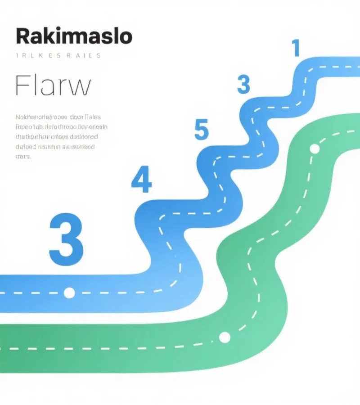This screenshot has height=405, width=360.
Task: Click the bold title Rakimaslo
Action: [x=74, y=36]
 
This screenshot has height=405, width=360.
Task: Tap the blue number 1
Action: [x=296, y=48]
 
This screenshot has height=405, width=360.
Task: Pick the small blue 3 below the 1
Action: [x=243, y=84]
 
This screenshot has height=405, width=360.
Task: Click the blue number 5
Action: [x=202, y=130]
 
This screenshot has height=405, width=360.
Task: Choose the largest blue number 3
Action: [x=66, y=239]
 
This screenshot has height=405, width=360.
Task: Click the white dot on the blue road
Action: [x=69, y=293]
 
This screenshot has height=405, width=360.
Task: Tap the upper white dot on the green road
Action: [x=315, y=148]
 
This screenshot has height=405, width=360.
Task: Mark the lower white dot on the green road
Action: [x=224, y=337]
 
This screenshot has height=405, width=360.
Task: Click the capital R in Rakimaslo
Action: [x=22, y=36]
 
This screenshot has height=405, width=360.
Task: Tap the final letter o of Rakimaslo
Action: [x=126, y=37]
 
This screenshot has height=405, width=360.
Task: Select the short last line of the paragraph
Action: [x=23, y=157]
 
